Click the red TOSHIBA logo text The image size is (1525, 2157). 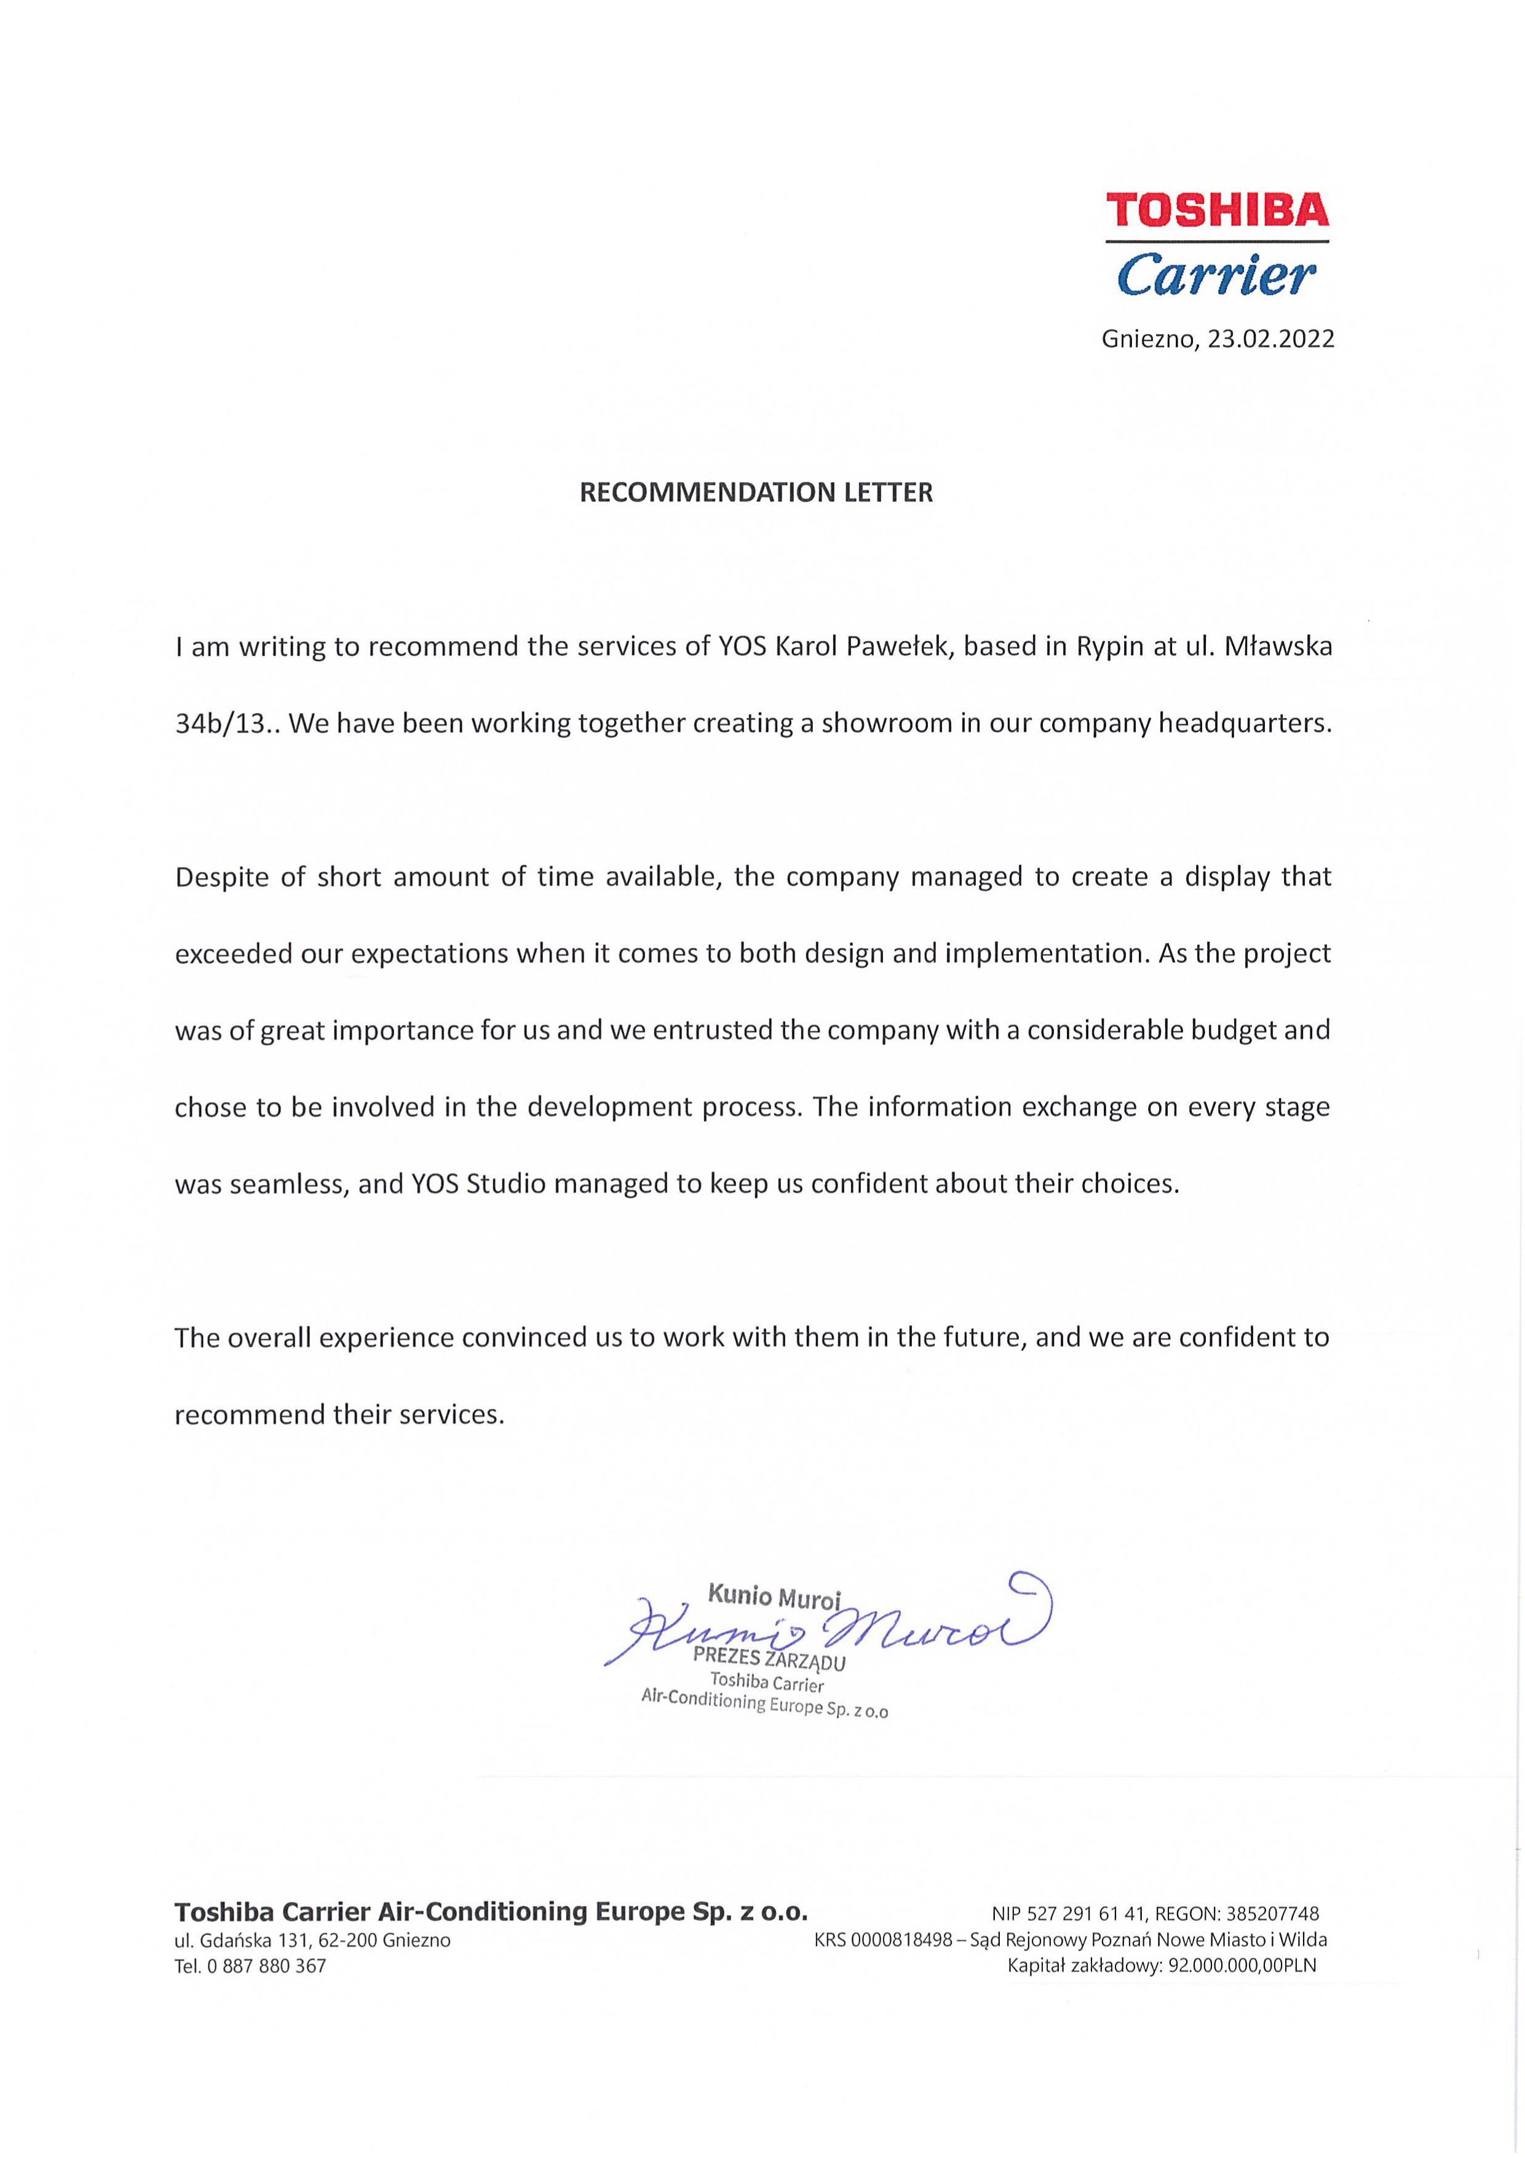click(x=1217, y=210)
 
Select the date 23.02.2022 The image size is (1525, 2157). click(x=1270, y=340)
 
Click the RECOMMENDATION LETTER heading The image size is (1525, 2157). click(x=756, y=493)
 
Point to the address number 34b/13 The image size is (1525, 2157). click(x=228, y=724)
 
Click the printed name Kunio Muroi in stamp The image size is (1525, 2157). click(x=774, y=1596)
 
